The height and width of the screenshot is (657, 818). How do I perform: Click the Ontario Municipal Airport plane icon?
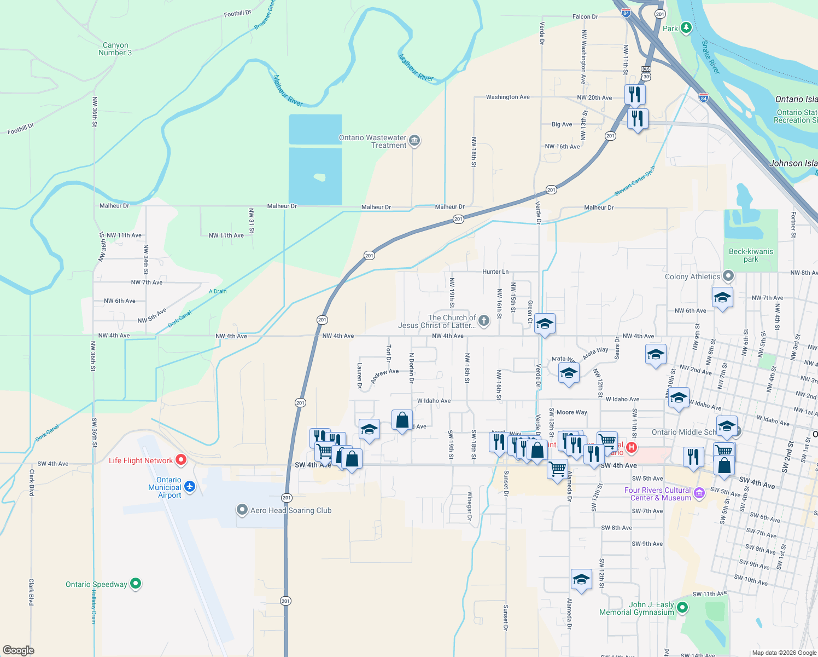190,486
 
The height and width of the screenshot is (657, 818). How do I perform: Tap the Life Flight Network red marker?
181,460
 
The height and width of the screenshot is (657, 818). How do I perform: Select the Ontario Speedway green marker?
136,584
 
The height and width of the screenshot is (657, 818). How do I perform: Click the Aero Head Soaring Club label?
291,510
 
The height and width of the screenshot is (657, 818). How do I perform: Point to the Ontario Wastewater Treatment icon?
414,141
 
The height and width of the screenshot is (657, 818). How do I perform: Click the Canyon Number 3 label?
115,49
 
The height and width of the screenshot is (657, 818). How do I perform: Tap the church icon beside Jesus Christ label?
483,321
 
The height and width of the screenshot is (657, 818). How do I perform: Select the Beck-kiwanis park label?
751,255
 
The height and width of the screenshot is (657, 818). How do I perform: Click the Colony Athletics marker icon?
728,276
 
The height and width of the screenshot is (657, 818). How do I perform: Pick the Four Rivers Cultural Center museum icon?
699,494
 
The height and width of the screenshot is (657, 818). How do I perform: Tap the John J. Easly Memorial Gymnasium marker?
682,607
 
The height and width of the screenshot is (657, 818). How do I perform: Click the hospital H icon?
632,448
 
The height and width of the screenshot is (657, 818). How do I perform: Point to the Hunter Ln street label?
495,272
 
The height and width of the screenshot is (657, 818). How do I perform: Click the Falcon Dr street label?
585,16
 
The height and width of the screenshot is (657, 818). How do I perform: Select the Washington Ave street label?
507,97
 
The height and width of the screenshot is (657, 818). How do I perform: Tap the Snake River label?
711,57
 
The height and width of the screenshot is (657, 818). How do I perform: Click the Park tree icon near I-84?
686,27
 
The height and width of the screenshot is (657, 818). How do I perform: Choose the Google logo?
19,650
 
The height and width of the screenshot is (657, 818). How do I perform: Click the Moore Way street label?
571,412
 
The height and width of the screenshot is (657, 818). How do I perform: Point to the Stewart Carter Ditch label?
634,181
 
